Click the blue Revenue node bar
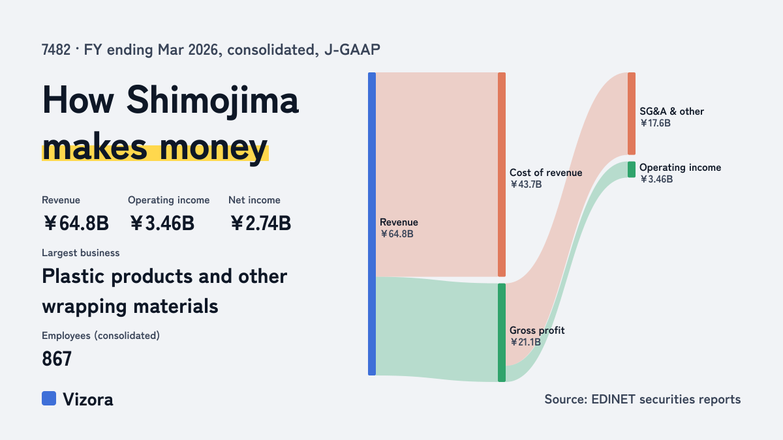372,224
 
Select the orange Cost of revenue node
502,174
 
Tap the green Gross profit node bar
502,332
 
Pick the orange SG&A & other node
632,113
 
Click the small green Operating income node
632,169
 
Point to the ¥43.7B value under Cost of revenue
526,184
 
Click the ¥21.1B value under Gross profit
525,342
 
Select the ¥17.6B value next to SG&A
655,123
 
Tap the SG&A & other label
671,111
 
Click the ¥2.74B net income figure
260,224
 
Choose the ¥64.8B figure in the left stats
76,224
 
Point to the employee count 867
57,359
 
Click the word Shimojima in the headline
212,100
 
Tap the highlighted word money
213,148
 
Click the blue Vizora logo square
49,398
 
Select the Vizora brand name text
88,400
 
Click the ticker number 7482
56,50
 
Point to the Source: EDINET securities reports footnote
643,400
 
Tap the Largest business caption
80,253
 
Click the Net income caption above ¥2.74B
254,200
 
